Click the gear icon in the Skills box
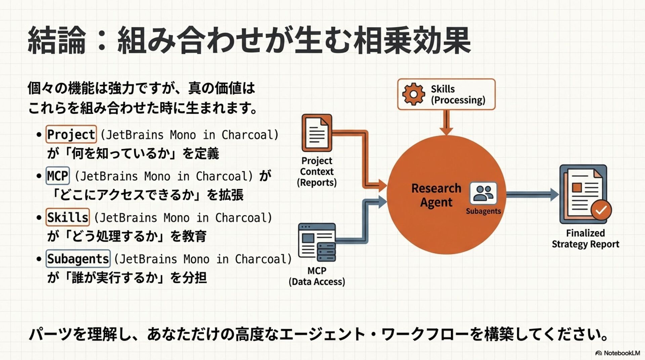tap(413, 94)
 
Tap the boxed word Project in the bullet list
tap(71, 134)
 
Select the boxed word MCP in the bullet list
tap(58, 176)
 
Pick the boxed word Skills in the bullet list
tap(68, 217)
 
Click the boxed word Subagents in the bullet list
tap(78, 259)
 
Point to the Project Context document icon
tap(317, 133)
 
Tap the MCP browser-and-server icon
tap(317, 242)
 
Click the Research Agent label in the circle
tap(436, 195)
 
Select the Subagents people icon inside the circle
tap(483, 193)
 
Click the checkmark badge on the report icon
tap(601, 210)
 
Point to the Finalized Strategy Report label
tap(585, 238)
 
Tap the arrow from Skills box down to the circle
tap(446, 122)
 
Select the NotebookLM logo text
tap(621, 353)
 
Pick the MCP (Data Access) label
tap(317, 276)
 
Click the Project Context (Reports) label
tap(317, 172)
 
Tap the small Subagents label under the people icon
tap(483, 211)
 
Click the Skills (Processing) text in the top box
tap(458, 94)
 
